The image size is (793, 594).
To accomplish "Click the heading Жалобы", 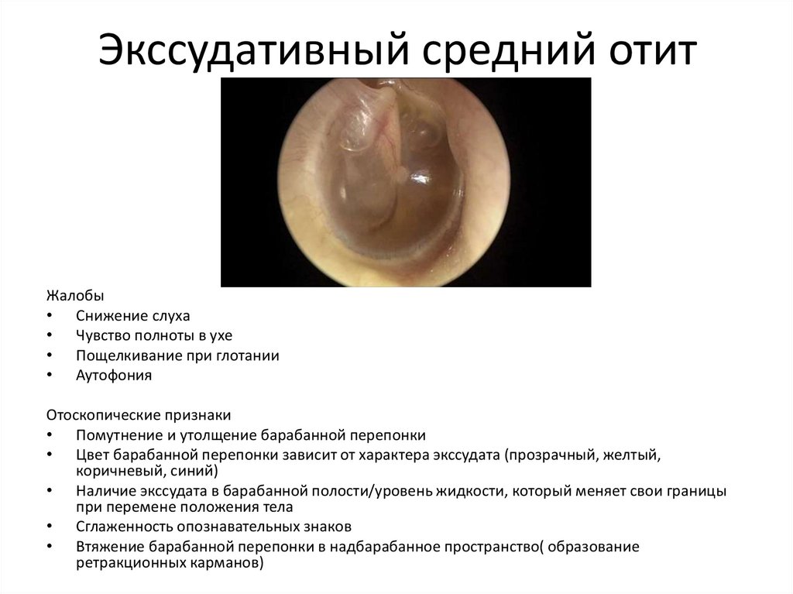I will tap(73, 296).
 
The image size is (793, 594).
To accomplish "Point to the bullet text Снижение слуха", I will tap(132, 316).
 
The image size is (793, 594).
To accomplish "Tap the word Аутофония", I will tap(113, 376).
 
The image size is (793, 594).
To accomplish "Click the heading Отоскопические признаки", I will tap(138, 414).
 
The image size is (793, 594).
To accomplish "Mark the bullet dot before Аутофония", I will tap(50, 376).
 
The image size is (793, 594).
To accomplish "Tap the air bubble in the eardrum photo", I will tap(358, 128).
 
